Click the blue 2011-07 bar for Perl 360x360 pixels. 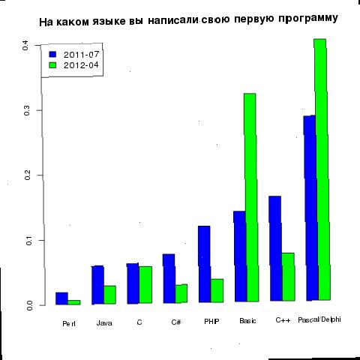[x=61, y=298]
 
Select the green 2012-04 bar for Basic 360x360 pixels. [x=251, y=197]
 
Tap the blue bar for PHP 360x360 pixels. [x=205, y=264]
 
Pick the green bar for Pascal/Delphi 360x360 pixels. [x=322, y=169]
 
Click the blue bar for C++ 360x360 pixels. [x=276, y=248]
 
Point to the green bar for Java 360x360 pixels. [x=110, y=295]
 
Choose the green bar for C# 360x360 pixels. [x=181, y=293]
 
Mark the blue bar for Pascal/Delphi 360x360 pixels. [x=310, y=208]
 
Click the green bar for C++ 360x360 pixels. [x=289, y=277]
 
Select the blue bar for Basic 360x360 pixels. [x=241, y=256]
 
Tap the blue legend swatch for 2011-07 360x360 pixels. [x=53, y=55]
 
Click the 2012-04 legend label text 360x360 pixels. [x=81, y=65]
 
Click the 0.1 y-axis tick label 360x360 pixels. [x=28, y=240]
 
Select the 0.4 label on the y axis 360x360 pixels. [x=25, y=45]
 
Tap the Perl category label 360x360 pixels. [x=69, y=324]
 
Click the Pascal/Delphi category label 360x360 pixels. [x=319, y=319]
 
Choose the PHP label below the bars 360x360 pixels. [x=211, y=321]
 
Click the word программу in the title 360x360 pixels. [x=308, y=19]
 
